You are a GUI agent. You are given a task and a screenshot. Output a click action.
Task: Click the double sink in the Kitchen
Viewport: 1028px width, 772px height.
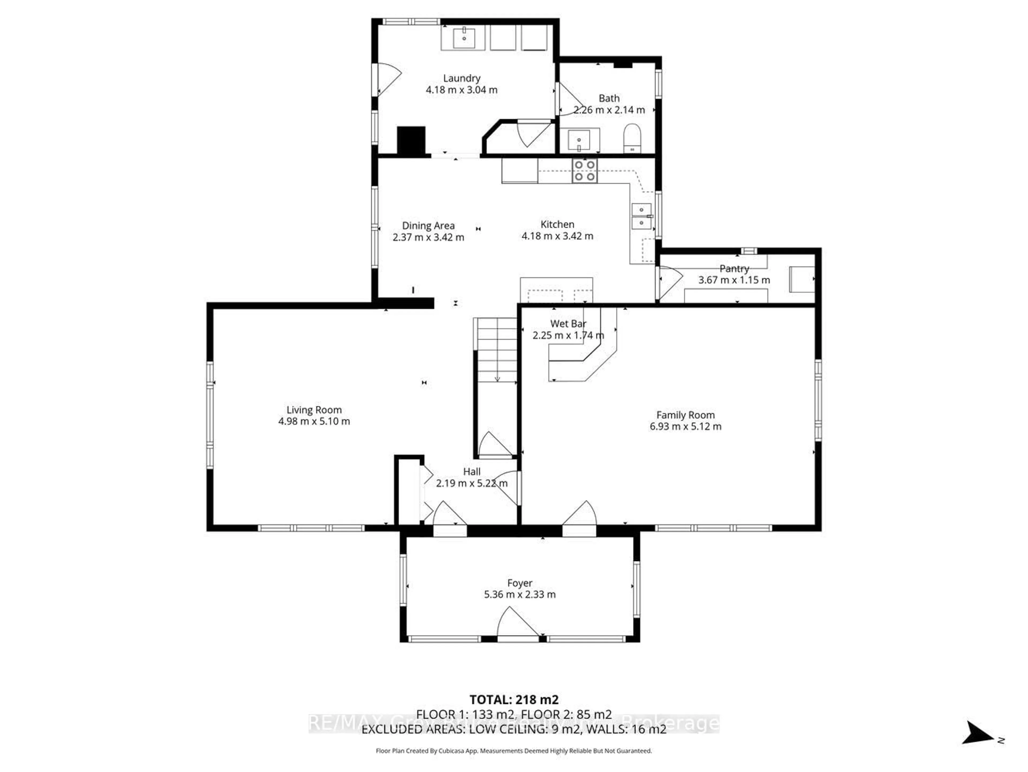[641, 216]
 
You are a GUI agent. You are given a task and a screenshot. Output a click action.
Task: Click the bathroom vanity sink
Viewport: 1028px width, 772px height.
[579, 140]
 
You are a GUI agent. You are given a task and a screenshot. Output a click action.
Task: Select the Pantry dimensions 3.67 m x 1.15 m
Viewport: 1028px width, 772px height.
[734, 280]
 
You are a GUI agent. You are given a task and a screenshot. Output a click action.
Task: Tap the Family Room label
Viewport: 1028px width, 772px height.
[685, 415]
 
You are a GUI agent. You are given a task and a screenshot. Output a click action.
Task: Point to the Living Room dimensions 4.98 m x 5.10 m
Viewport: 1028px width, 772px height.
[314, 421]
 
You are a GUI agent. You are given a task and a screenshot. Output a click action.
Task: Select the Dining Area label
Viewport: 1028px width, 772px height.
[428, 226]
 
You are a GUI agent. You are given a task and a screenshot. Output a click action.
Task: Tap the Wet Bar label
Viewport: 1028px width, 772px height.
[568, 324]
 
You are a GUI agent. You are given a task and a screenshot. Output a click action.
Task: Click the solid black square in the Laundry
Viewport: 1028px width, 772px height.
[411, 140]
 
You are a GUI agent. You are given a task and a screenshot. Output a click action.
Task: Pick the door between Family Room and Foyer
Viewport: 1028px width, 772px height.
[579, 518]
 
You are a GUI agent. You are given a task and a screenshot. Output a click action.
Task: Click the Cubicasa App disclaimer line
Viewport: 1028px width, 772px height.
[513, 751]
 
